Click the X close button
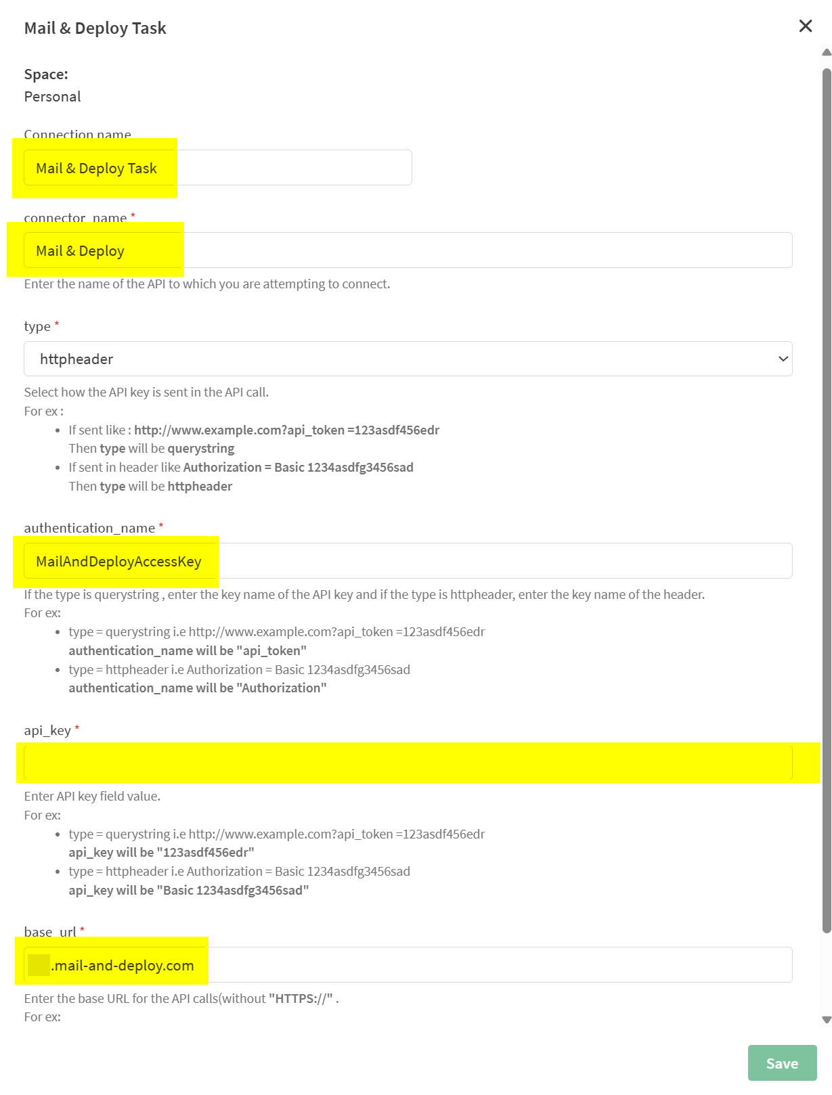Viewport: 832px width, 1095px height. pyautogui.click(x=805, y=26)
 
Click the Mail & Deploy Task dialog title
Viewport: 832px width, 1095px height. pyautogui.click(x=95, y=28)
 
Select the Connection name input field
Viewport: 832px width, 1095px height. pyautogui.click(x=217, y=168)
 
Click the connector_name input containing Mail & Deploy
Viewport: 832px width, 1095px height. pyautogui.click(x=408, y=250)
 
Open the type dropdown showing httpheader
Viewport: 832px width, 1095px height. pyautogui.click(x=408, y=359)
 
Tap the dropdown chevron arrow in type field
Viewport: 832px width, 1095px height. pyautogui.click(x=783, y=359)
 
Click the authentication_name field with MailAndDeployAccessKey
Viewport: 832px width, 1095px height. pyautogui.click(x=408, y=561)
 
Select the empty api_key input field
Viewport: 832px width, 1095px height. pyautogui.click(x=408, y=763)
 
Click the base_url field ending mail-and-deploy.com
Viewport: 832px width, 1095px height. pyautogui.click(x=408, y=965)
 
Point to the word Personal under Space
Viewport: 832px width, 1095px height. pyautogui.click(x=52, y=97)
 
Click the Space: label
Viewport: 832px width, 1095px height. pyautogui.click(x=46, y=74)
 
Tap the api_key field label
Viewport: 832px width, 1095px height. pyautogui.click(x=47, y=730)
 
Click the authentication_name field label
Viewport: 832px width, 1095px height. pyautogui.click(x=89, y=528)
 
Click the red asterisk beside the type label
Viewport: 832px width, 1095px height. pyautogui.click(x=57, y=325)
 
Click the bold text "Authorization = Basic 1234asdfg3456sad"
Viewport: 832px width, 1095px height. pyautogui.click(x=298, y=468)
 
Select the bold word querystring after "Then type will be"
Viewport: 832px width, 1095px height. pyautogui.click(x=201, y=449)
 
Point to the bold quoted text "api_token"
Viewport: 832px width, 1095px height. pyautogui.click(x=271, y=651)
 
